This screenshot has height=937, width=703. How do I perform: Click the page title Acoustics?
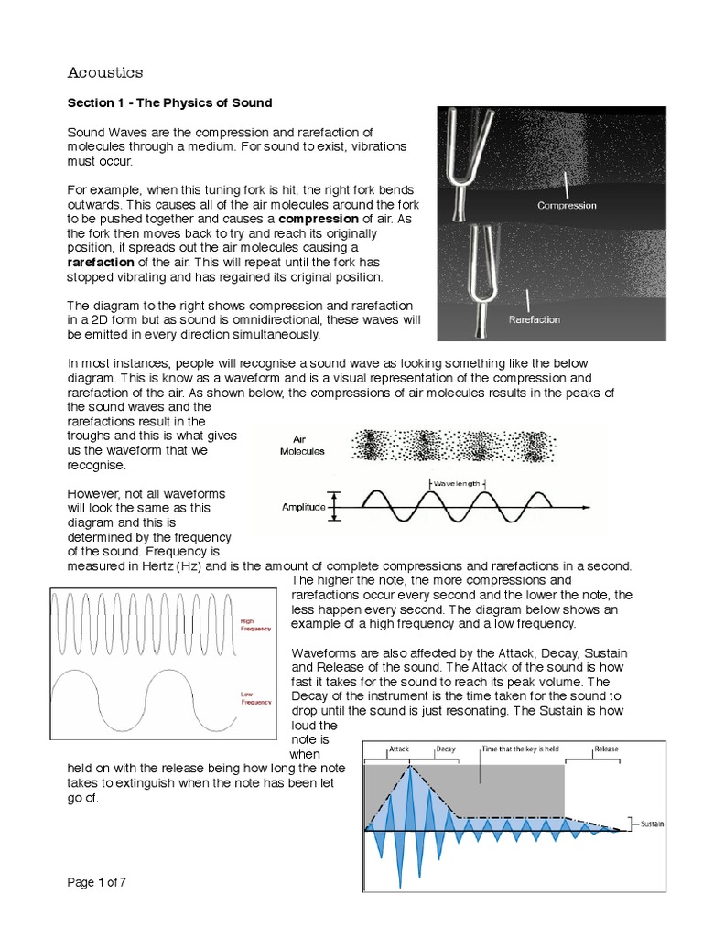(x=105, y=71)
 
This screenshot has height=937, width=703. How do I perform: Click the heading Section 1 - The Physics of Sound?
(x=169, y=102)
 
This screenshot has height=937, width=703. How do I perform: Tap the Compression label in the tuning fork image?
(x=567, y=205)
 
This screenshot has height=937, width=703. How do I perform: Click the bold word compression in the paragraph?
(x=318, y=220)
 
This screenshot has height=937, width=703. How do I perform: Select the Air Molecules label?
(x=303, y=445)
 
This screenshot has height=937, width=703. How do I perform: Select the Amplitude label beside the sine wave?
(x=303, y=507)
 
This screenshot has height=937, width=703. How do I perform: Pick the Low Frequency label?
(x=255, y=698)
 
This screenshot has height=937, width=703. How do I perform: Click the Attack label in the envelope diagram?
(x=399, y=749)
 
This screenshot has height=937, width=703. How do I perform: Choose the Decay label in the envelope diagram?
(x=446, y=749)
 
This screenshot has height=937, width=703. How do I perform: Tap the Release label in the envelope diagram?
(x=606, y=749)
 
